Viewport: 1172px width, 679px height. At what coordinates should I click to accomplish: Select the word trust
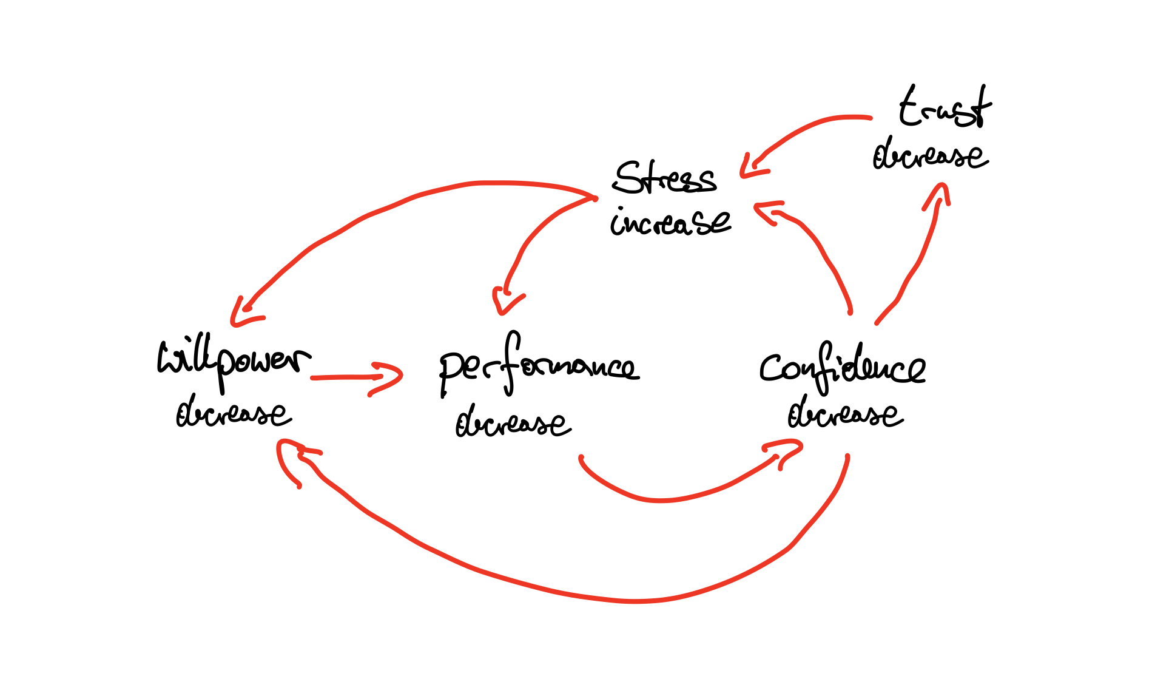(945, 108)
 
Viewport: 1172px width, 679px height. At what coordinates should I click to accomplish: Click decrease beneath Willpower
(234, 414)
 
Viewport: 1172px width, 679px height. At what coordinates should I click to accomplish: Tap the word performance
(537, 367)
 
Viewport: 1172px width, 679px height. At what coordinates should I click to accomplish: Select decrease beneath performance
(513, 423)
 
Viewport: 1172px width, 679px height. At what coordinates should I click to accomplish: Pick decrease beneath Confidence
(846, 414)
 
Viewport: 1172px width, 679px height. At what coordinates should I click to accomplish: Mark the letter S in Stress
(628, 178)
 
